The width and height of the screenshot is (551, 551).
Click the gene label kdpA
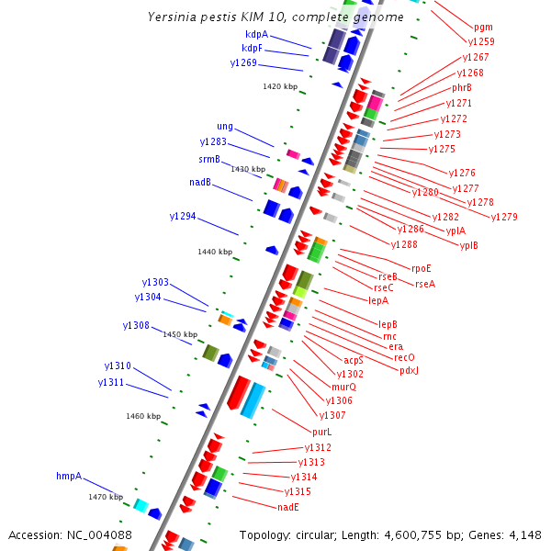256,34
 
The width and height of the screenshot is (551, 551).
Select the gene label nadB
200,182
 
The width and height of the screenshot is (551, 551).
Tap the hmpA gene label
69,477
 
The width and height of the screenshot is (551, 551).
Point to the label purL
321,432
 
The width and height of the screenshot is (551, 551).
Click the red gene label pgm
483,28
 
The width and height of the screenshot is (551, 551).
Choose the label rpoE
422,268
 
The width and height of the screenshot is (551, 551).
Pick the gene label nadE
288,507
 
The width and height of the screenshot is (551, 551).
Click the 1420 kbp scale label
280,86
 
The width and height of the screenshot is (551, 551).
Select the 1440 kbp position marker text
215,252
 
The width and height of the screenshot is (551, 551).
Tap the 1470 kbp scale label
106,497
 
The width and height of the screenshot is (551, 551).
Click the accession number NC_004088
100,534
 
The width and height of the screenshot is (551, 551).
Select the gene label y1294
183,216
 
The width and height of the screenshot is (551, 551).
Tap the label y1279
504,217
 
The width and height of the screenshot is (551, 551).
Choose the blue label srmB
209,160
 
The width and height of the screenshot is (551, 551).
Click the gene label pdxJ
409,370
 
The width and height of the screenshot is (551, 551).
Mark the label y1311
111,382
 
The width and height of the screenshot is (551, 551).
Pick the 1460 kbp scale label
143,416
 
